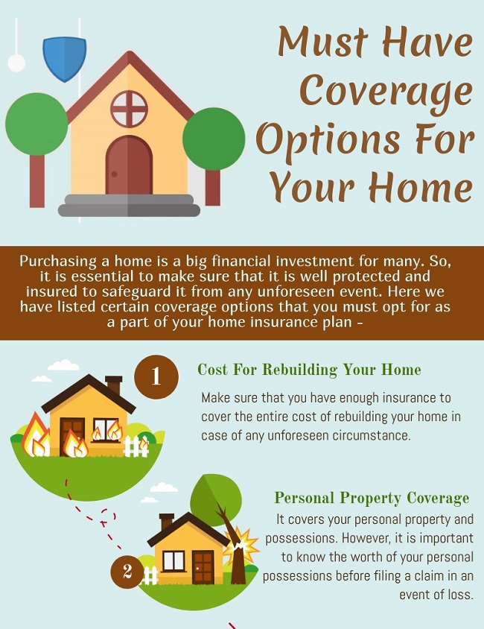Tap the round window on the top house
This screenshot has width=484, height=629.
[x=129, y=109]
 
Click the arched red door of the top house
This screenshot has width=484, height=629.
[x=129, y=165]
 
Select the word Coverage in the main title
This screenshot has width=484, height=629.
[x=386, y=92]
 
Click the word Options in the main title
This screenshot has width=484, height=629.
[x=328, y=139]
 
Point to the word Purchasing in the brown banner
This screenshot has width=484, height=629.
[x=59, y=262]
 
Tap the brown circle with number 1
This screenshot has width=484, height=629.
[x=156, y=376]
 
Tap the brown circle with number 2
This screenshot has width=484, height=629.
[x=127, y=571]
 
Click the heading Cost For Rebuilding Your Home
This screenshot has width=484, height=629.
[x=309, y=370]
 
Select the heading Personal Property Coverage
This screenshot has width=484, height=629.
[x=372, y=498]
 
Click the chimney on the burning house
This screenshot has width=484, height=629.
[x=114, y=385]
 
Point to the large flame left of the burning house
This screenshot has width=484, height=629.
[x=35, y=436]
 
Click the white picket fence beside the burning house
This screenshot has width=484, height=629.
[x=136, y=447]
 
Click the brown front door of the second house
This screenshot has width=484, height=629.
[x=203, y=567]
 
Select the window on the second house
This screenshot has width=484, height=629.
[x=173, y=560]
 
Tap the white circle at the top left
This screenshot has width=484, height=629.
[x=16, y=63]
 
